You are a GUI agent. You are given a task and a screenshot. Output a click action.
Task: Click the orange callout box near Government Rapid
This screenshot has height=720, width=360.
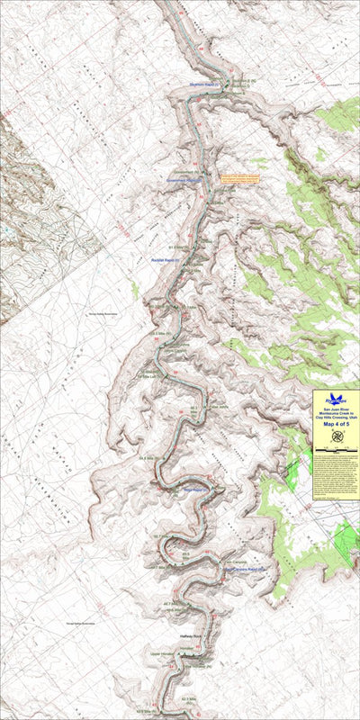[x=239, y=178]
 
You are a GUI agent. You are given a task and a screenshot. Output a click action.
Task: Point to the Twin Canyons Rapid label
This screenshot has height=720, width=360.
[x=243, y=569]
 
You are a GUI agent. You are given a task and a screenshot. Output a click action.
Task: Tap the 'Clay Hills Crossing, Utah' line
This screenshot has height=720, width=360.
[x=336, y=418]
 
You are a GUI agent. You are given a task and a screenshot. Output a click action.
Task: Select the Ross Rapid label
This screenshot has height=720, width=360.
[x=192, y=490]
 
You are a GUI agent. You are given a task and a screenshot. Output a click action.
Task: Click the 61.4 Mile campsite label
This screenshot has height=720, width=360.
[x=179, y=245]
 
